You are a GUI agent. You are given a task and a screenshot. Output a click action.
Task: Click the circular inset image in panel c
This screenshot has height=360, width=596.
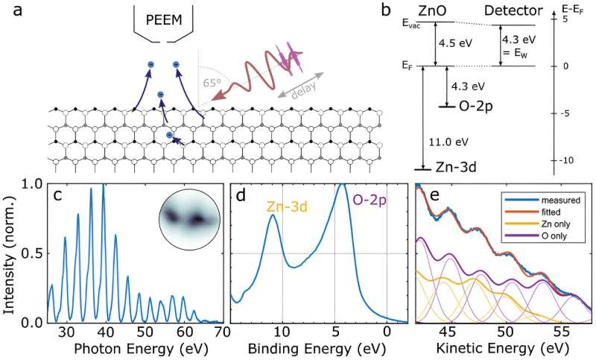tap(189, 218)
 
